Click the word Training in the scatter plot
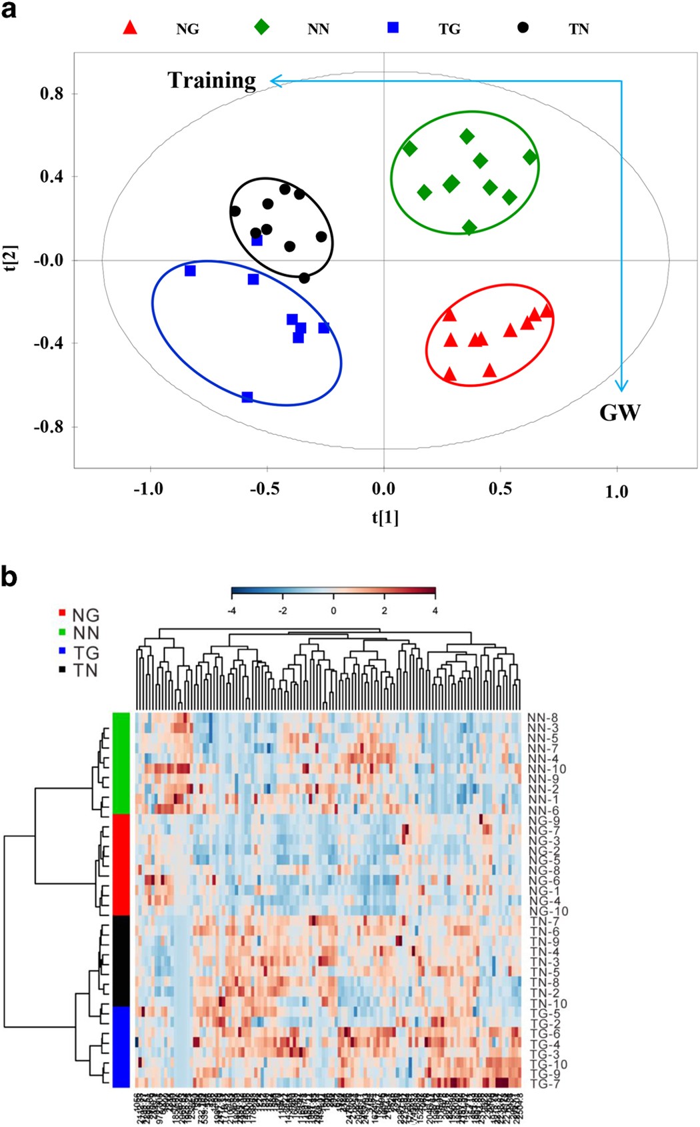[211, 80]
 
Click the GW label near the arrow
[619, 413]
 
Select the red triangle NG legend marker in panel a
[131, 27]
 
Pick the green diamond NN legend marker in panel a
[262, 27]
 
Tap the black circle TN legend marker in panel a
[523, 27]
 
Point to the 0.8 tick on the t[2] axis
[51, 93]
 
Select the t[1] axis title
[385, 517]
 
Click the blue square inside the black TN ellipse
[257, 240]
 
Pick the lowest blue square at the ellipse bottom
[247, 397]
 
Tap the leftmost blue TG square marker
[190, 271]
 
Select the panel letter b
[9, 577]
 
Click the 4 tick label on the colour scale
[435, 610]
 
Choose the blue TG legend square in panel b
[62, 651]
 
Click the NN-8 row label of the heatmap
[542, 718]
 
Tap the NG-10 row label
[548, 911]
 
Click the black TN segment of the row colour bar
[121, 960]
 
